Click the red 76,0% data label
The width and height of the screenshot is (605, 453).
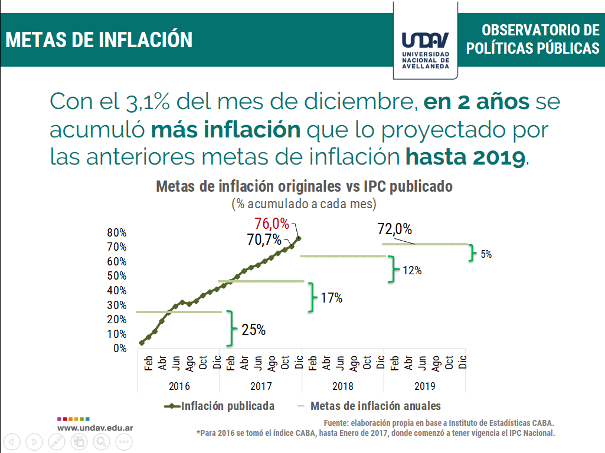point(272,224)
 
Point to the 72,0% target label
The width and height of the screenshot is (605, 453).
point(395,229)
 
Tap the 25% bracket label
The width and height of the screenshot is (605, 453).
point(253,330)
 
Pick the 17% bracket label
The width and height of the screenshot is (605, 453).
point(331,298)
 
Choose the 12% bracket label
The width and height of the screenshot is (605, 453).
point(412,271)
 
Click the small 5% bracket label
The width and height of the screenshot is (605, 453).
point(485,254)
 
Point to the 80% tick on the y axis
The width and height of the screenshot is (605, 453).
point(117,232)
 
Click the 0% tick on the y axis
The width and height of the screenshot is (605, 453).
point(120,348)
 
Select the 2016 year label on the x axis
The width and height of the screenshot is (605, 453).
point(179,386)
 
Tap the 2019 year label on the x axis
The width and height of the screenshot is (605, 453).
point(425,386)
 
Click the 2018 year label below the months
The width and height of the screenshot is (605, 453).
point(343,386)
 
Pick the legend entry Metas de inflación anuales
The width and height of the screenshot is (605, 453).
point(375,406)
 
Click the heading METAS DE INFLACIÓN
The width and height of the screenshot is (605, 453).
point(99,40)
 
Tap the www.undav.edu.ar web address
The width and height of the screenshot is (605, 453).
point(94,427)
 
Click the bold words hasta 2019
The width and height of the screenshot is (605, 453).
point(465,156)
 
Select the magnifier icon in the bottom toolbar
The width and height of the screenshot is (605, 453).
point(102,441)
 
